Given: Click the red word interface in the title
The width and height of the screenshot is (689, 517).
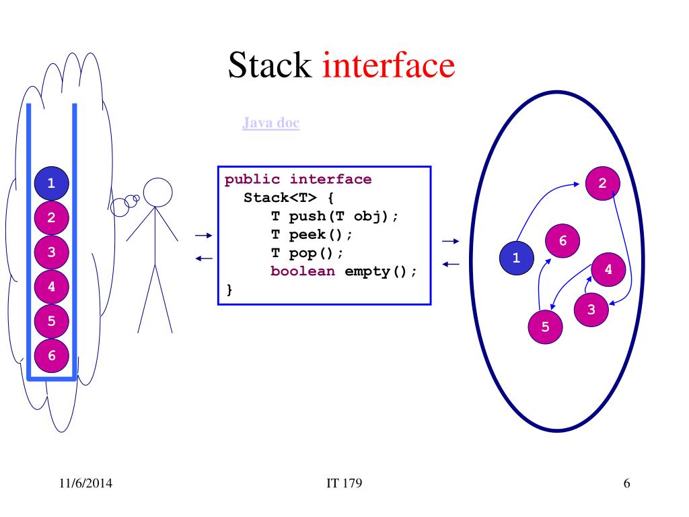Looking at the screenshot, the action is click(x=389, y=66).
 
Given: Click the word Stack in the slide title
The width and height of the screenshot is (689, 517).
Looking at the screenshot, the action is click(x=270, y=66).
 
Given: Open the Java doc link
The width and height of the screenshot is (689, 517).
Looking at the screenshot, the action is click(x=270, y=123).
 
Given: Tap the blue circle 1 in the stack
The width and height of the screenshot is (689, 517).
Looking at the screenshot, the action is click(x=52, y=182).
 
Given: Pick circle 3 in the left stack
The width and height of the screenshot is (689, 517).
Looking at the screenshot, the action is click(x=52, y=252).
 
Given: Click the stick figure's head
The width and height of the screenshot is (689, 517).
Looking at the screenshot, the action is click(x=158, y=192).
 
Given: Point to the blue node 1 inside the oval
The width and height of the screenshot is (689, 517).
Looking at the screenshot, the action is click(x=516, y=257).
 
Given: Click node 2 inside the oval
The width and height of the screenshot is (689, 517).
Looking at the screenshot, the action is click(x=602, y=182).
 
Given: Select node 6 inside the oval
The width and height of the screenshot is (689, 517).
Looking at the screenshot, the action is click(x=563, y=240).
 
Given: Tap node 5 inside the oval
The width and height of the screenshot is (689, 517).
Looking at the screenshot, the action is click(x=545, y=326).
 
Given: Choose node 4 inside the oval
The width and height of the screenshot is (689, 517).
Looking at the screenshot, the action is click(x=608, y=269).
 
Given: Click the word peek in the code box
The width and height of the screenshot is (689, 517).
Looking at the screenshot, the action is click(x=307, y=235).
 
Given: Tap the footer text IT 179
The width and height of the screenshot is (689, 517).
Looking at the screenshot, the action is click(x=344, y=482).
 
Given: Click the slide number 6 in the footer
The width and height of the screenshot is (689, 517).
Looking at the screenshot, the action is click(x=626, y=482).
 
